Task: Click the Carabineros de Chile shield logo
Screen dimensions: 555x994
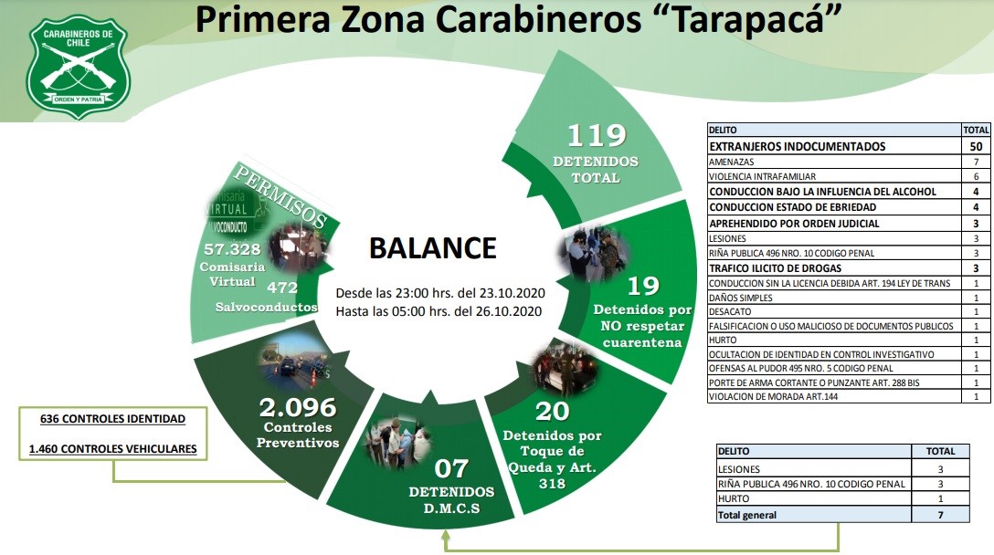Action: tap(78, 66)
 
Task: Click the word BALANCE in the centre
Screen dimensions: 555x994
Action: tap(432, 247)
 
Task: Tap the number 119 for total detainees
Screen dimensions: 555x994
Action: tap(597, 136)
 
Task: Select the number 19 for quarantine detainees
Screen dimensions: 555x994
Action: tap(642, 286)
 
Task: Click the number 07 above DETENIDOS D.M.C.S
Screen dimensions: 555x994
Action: tap(450, 469)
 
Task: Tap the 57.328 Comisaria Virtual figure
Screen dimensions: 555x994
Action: tap(232, 248)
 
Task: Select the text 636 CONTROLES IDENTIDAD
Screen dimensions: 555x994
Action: tap(112, 419)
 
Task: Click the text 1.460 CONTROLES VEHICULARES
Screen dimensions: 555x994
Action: tap(112, 448)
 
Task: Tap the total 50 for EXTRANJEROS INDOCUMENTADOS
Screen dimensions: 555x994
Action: tap(976, 146)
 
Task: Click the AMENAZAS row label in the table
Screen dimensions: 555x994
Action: tap(732, 162)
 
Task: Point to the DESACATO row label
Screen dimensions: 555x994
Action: tap(731, 310)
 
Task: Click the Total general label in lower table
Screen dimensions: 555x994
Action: tap(747, 515)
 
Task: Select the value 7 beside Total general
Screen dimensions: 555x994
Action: tap(940, 515)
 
